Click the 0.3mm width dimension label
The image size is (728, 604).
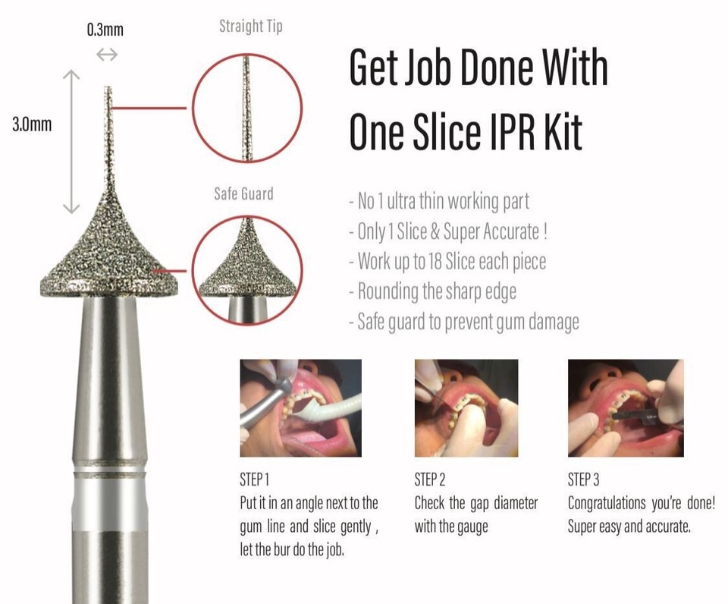[105, 30]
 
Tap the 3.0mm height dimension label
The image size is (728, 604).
[32, 124]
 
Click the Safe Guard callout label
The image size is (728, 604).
[243, 194]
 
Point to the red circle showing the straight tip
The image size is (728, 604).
[247, 108]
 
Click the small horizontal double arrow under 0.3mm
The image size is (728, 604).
[107, 55]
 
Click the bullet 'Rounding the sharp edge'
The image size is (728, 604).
[431, 291]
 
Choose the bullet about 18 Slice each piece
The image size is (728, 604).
[447, 262]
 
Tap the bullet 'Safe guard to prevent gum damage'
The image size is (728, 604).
[464, 321]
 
